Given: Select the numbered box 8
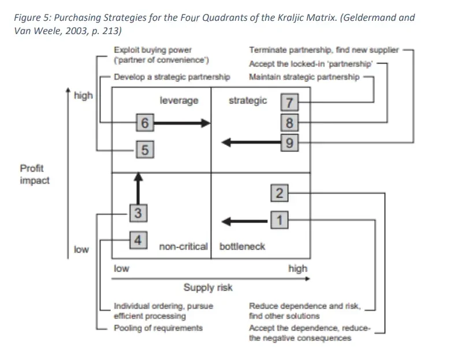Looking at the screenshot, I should (x=290, y=123).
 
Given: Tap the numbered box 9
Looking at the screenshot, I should (x=290, y=141).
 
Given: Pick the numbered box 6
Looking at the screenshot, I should (x=144, y=123).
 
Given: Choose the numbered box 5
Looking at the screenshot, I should (x=144, y=150).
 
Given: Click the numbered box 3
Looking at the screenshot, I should (x=137, y=213).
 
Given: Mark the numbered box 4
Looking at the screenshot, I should (x=137, y=239).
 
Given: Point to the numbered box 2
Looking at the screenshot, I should (x=279, y=194).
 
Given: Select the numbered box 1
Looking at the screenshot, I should (x=279, y=220).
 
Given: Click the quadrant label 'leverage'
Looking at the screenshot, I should (x=179, y=101).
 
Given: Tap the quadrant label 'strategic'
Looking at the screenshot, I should (x=248, y=101).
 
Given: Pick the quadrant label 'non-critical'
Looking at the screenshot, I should (x=183, y=247).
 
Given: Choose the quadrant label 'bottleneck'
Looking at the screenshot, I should (x=243, y=247).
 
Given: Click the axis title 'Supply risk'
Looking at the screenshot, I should (x=208, y=287).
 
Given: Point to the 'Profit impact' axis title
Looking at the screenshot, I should (x=35, y=175).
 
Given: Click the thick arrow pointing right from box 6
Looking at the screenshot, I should (x=182, y=123).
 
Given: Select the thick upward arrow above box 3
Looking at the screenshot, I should (x=137, y=188).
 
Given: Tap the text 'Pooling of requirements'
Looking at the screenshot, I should (x=158, y=328).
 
